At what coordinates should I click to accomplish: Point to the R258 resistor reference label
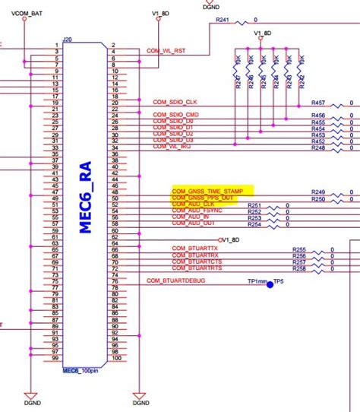(299, 270)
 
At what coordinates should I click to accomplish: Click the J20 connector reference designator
(67, 39)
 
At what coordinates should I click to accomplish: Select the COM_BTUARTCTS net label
(196, 261)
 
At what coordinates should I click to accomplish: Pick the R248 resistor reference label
(318, 147)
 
